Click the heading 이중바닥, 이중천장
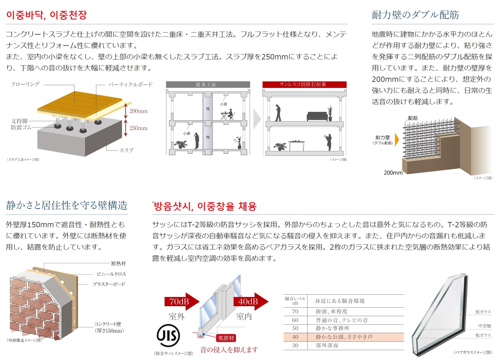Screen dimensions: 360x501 (46, 15)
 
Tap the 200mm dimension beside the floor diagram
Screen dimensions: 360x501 (138, 111)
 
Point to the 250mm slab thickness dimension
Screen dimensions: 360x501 (138, 128)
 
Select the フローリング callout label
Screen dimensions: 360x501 (25, 84)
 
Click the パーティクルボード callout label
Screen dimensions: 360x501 (130, 85)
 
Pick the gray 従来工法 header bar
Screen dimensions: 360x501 (208, 85)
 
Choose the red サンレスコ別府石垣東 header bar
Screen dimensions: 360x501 (304, 85)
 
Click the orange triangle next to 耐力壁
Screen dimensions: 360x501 (397, 140)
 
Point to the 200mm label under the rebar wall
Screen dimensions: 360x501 (393, 173)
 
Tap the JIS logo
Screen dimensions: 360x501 (168, 335)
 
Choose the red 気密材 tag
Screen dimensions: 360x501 (226, 338)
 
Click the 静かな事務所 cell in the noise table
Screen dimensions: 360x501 (332, 328)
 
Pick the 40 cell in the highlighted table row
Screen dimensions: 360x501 (295, 337)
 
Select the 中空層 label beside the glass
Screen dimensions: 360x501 (484, 326)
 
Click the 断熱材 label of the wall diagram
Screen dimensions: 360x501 (118, 263)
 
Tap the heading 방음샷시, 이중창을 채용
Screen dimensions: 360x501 (205, 206)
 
